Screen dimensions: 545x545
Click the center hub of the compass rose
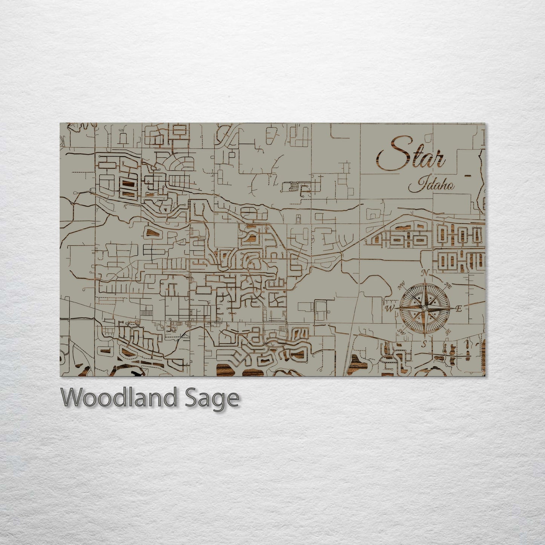424,309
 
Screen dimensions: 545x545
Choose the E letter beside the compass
459,309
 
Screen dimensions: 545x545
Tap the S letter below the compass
424,344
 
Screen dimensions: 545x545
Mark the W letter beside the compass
389,309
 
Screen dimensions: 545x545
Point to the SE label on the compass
448,332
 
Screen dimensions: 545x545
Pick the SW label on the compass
401,332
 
